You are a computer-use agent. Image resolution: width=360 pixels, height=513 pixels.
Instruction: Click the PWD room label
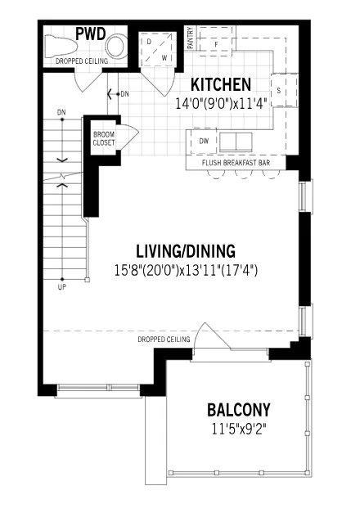[91, 34]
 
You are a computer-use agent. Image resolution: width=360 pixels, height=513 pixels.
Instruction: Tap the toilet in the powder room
[60, 46]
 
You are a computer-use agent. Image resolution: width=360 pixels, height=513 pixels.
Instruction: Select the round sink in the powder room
[116, 46]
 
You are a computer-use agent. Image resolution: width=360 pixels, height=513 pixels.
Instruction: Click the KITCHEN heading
[221, 85]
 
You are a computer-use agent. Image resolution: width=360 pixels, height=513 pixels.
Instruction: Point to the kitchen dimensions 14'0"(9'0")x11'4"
[222, 103]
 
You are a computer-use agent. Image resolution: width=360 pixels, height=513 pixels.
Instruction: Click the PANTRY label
[191, 38]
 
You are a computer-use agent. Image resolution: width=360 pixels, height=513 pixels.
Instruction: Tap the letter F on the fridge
[216, 45]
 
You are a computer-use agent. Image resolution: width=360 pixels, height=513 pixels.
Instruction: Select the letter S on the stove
[279, 90]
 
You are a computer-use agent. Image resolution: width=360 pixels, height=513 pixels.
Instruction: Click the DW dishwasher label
[204, 141]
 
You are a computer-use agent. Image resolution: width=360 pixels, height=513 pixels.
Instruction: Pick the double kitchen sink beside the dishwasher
[236, 142]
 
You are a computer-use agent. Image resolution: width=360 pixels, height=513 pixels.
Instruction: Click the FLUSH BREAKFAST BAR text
[236, 163]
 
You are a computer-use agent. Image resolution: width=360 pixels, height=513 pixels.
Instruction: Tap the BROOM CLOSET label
[104, 139]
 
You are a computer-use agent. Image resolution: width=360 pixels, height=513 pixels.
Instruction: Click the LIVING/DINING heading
[186, 251]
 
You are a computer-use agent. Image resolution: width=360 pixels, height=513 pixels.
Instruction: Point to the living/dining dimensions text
[186, 271]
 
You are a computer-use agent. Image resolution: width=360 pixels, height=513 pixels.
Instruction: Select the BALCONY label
[239, 410]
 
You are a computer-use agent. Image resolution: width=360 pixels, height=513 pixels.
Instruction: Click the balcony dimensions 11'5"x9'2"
[239, 429]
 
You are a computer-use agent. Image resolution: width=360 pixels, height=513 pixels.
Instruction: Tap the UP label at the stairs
[62, 287]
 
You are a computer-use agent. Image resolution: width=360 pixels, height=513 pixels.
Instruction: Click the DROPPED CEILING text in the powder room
[82, 61]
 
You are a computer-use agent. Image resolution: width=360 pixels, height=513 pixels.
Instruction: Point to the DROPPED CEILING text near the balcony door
[164, 340]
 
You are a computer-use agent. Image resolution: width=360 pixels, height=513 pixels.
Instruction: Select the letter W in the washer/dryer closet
[164, 59]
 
